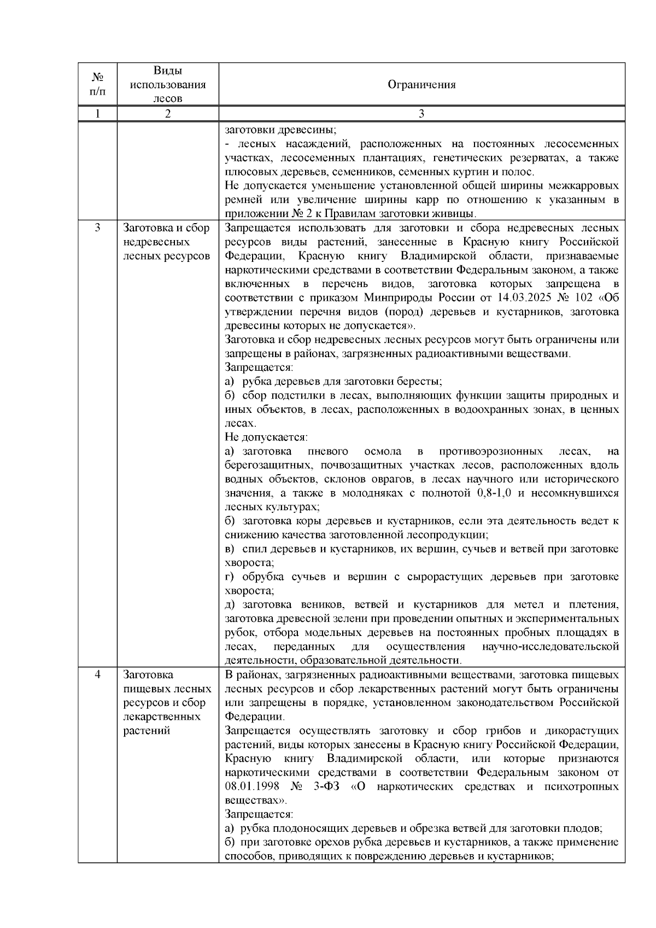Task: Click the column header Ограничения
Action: tap(421, 85)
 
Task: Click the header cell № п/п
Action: tap(97, 85)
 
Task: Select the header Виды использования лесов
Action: tap(167, 85)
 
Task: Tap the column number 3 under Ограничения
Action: tap(421, 114)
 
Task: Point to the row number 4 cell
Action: tap(97, 675)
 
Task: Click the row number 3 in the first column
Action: tap(97, 228)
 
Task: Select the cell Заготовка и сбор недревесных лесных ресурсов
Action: tap(166, 242)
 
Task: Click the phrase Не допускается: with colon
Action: tap(266, 437)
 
